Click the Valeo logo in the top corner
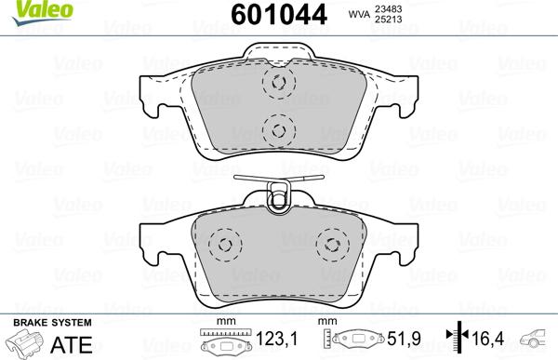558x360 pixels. (22, 8)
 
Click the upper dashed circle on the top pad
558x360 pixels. (276, 83)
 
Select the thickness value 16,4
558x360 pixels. (485, 340)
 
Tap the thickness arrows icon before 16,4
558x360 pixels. (455, 340)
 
